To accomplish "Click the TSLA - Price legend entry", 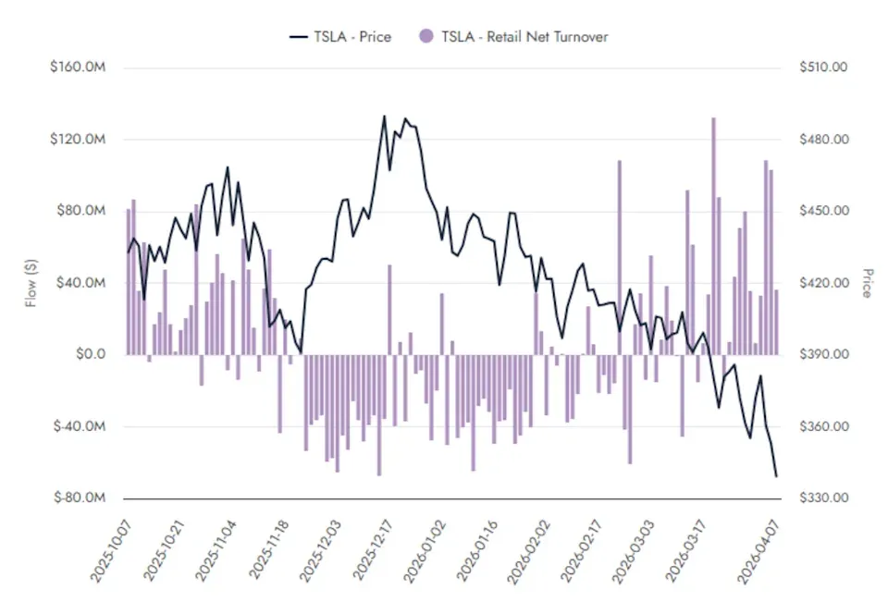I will pos(339,37).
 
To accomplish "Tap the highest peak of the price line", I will pos(385,117).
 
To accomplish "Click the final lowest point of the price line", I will pos(776,477).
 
